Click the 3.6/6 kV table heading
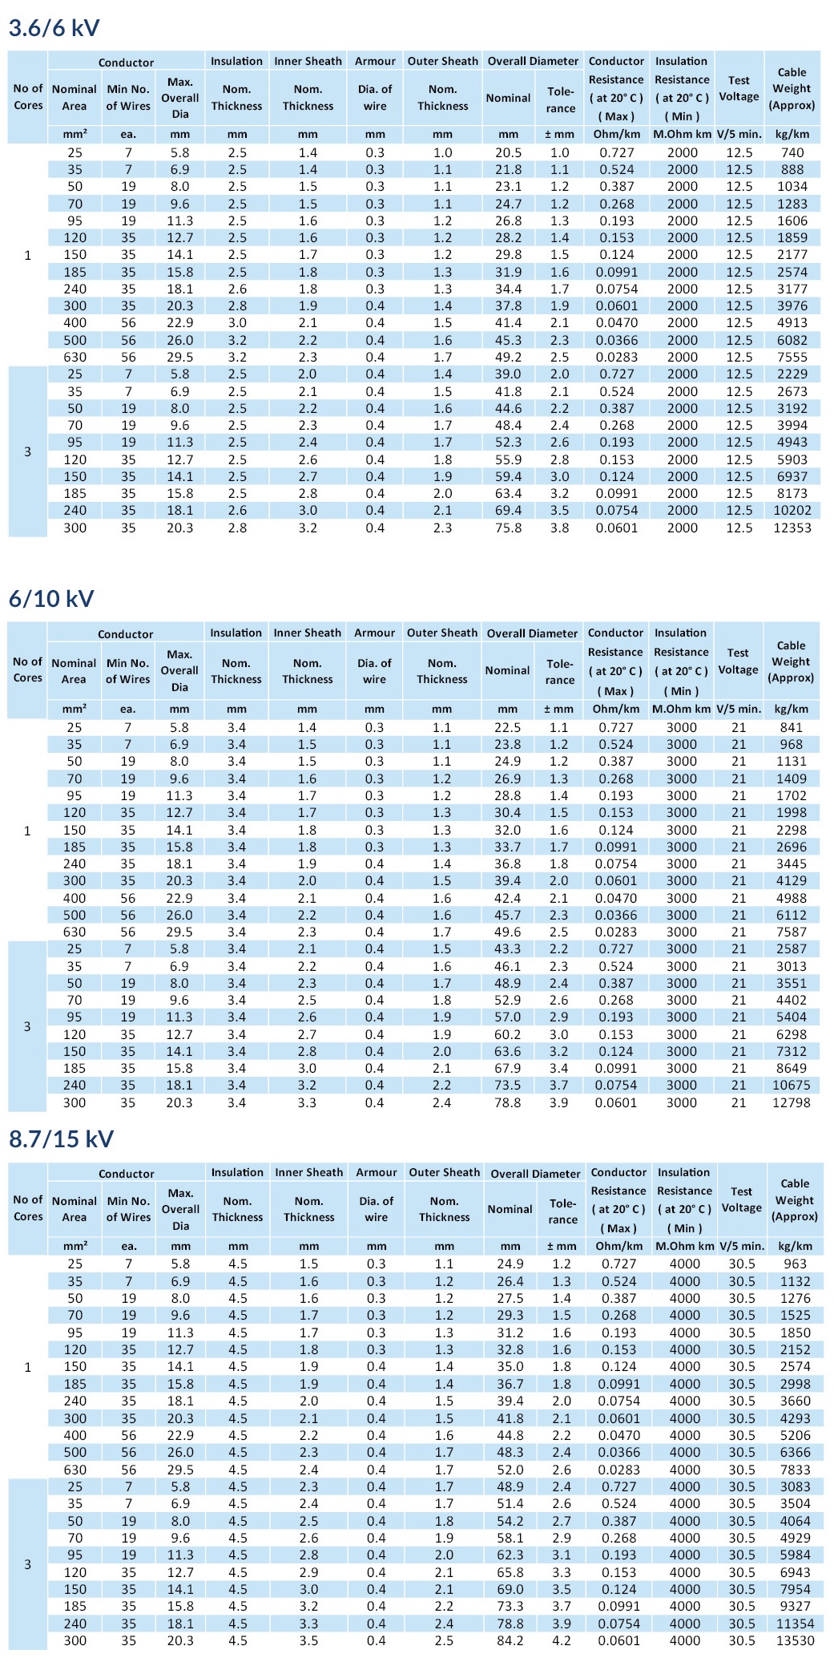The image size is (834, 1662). [x=54, y=28]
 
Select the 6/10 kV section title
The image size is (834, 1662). [x=51, y=599]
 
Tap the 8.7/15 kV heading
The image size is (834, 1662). [x=61, y=1139]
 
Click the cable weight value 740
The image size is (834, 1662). [x=792, y=152]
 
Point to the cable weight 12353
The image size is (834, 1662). [x=792, y=528]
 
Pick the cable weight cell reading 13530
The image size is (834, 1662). [x=795, y=1640]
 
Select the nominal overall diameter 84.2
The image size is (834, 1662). [x=510, y=1640]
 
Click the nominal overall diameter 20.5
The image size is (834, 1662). [x=508, y=152]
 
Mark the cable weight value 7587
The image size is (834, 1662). [x=791, y=932]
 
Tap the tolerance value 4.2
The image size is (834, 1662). [x=562, y=1640]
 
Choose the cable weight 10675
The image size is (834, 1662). [x=791, y=1085]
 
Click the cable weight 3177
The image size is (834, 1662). [x=792, y=289]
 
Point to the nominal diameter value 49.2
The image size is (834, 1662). [x=508, y=357]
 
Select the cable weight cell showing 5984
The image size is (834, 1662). [x=795, y=1555]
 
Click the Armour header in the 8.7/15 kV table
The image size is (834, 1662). [x=377, y=1172]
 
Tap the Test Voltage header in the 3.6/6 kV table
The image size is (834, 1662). [x=739, y=88]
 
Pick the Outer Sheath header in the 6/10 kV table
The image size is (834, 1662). [x=442, y=633]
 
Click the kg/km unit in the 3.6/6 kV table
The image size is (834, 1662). [x=792, y=134]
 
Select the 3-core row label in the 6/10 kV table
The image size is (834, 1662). [x=27, y=1026]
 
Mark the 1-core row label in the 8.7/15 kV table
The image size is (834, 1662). [x=28, y=1367]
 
